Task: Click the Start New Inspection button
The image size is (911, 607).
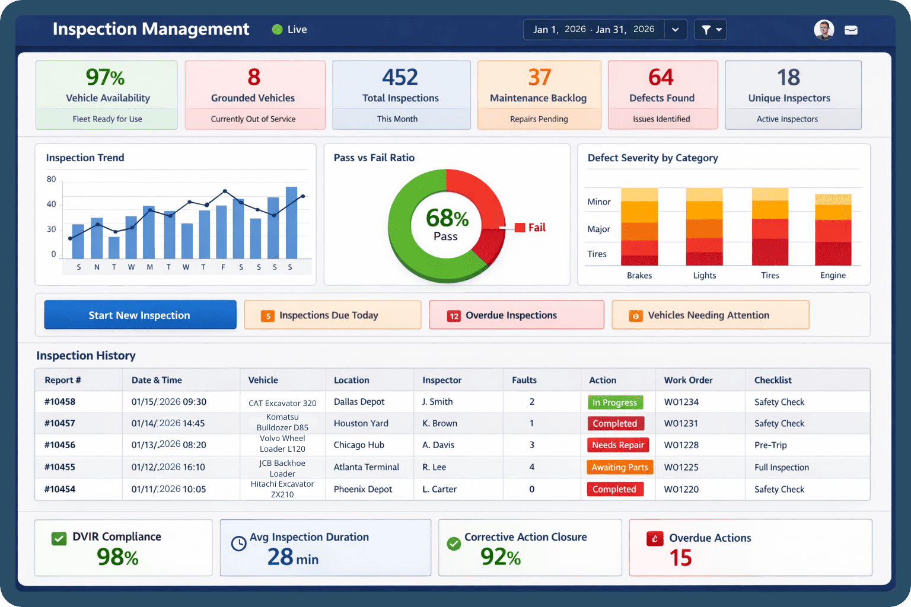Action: (140, 315)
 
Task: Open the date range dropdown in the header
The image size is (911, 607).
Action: (675, 30)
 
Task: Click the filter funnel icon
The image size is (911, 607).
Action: (706, 30)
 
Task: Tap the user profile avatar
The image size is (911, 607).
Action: (824, 30)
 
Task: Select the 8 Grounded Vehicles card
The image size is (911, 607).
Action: (255, 95)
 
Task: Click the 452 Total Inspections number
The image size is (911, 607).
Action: (400, 78)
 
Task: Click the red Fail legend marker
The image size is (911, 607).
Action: (520, 228)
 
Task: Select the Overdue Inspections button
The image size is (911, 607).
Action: (516, 315)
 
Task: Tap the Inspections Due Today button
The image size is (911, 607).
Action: (332, 315)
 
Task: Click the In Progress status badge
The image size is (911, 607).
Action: (615, 402)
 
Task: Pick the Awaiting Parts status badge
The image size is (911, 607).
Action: (620, 467)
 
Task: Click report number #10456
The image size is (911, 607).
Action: (60, 445)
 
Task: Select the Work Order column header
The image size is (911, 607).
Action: (689, 380)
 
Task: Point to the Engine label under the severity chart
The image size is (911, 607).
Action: (833, 275)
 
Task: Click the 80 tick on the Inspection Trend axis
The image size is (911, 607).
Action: (52, 179)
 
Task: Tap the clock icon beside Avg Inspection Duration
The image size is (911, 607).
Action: (238, 544)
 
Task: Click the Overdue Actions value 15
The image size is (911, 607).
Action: (680, 558)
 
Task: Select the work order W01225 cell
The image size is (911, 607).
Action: (681, 467)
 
